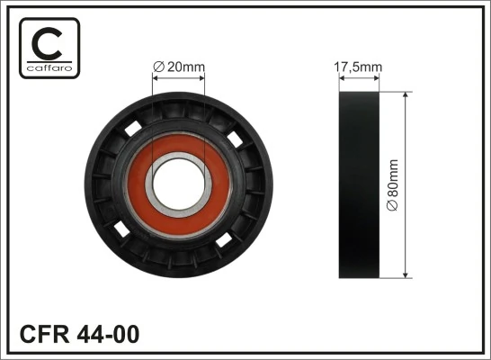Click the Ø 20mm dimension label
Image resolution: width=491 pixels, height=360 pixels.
coord(181,66)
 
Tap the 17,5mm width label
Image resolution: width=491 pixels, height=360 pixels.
coord(359,66)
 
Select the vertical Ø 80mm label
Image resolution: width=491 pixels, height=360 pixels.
coord(392,185)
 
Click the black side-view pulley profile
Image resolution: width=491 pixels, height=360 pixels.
coord(360,185)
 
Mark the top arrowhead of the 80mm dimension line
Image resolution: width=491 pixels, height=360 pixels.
coord(406,95)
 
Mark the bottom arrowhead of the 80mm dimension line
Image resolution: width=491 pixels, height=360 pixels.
coord(406,274)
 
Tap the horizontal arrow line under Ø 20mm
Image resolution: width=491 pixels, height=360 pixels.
coord(179,78)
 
